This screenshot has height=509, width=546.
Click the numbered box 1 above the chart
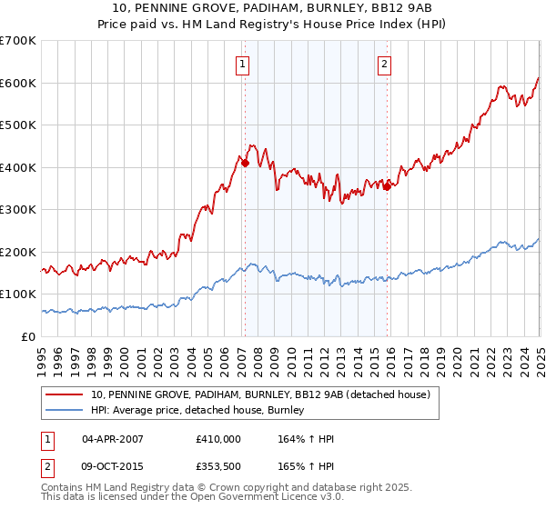[244, 64]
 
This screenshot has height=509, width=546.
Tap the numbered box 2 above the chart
[385, 64]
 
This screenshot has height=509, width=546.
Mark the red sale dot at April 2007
[245, 163]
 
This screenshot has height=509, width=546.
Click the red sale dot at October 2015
[387, 187]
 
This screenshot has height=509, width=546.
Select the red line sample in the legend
[65, 394]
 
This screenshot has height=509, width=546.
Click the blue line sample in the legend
[65, 410]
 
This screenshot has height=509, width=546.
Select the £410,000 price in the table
[218, 439]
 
